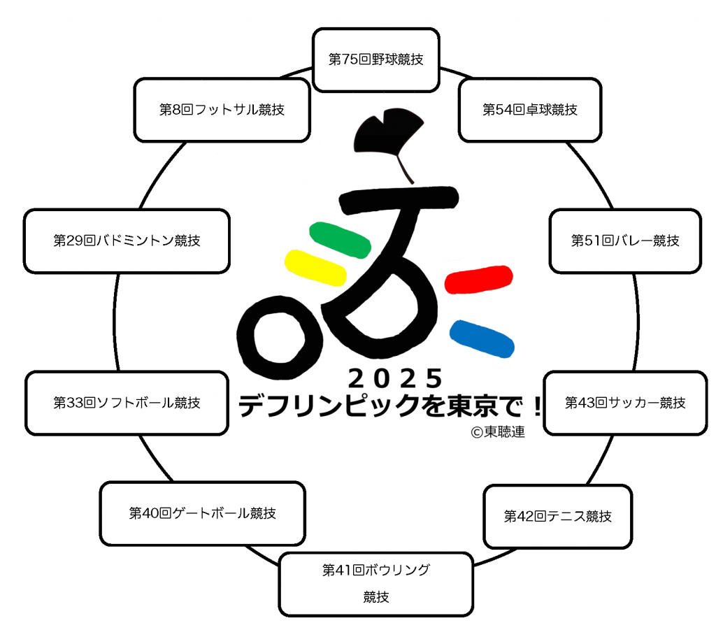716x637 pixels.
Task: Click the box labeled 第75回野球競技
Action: coord(375,60)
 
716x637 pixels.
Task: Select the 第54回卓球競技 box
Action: coord(530,110)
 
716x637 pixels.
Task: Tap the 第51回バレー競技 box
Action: coord(625,241)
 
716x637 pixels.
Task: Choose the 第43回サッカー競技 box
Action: coord(625,403)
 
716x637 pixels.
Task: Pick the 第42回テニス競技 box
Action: coord(557,517)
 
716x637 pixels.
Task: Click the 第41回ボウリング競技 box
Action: coord(375,584)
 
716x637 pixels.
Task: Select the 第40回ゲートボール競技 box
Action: coord(202,513)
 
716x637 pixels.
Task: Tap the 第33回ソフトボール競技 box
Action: coord(127,403)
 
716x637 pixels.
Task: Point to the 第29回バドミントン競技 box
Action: coord(127,241)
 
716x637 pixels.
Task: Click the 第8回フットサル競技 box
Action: coord(222,110)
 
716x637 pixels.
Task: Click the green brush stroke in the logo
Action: coord(341,240)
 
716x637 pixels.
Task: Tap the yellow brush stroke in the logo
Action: coord(315,268)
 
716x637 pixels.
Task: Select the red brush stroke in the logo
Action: coord(478,279)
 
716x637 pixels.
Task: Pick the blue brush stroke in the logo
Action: coord(482,338)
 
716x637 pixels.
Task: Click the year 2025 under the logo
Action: coord(396,378)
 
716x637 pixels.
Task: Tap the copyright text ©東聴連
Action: coord(498,432)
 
